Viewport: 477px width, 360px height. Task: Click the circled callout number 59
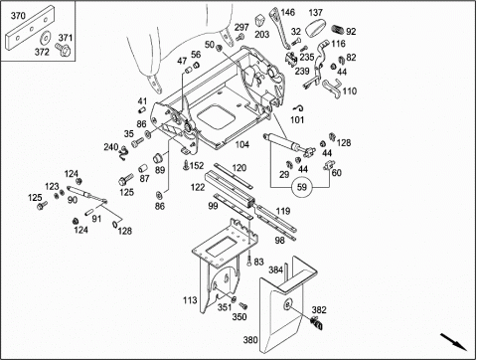302,187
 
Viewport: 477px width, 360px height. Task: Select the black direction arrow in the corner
453,342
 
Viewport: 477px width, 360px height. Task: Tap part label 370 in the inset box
18,16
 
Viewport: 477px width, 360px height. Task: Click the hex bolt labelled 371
64,50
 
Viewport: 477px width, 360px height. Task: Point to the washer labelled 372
45,38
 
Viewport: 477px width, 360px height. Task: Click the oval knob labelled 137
315,28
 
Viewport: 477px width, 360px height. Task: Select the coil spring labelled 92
338,29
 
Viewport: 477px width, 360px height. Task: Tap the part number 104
242,144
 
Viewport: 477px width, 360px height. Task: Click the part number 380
250,340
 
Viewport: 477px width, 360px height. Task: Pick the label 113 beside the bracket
190,300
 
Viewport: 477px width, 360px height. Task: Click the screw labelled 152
186,165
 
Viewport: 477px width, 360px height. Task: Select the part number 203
261,35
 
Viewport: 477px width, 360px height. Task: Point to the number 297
241,27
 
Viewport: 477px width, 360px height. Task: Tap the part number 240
111,147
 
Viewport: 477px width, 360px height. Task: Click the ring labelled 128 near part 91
115,224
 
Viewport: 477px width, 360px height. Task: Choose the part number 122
198,187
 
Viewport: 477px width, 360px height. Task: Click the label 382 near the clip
319,310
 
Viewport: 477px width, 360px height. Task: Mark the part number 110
350,91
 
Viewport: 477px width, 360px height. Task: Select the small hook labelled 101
299,107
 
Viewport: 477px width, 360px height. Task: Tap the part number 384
275,270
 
